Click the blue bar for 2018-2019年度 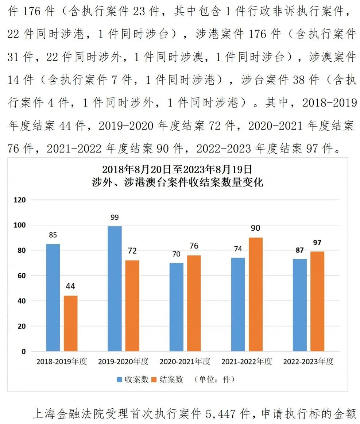53,297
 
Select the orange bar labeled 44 70,323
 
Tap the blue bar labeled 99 115,289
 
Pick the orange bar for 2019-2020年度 132,306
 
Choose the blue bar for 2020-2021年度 177,307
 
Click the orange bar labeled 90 255,294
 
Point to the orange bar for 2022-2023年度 317,301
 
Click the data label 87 300,250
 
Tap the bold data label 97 317,243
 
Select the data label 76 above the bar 194,246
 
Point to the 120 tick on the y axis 20,200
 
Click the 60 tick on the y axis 22,276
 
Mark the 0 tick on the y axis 24,352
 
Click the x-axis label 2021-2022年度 247,362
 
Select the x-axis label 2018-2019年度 62,362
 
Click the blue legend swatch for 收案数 120,379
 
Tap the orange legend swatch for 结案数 154,379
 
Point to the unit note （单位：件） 214,379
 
